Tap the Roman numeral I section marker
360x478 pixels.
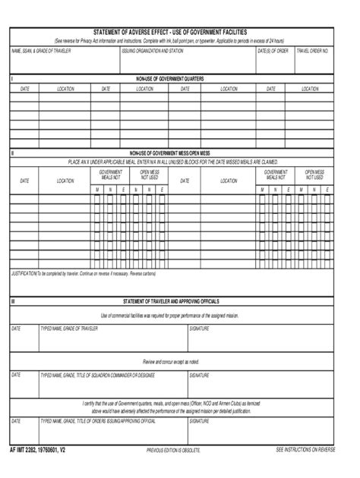click(x=11, y=79)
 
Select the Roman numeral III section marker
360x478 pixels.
click(x=13, y=301)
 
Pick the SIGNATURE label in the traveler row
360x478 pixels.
click(x=199, y=329)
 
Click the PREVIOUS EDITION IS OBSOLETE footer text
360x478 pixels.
click(x=173, y=451)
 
